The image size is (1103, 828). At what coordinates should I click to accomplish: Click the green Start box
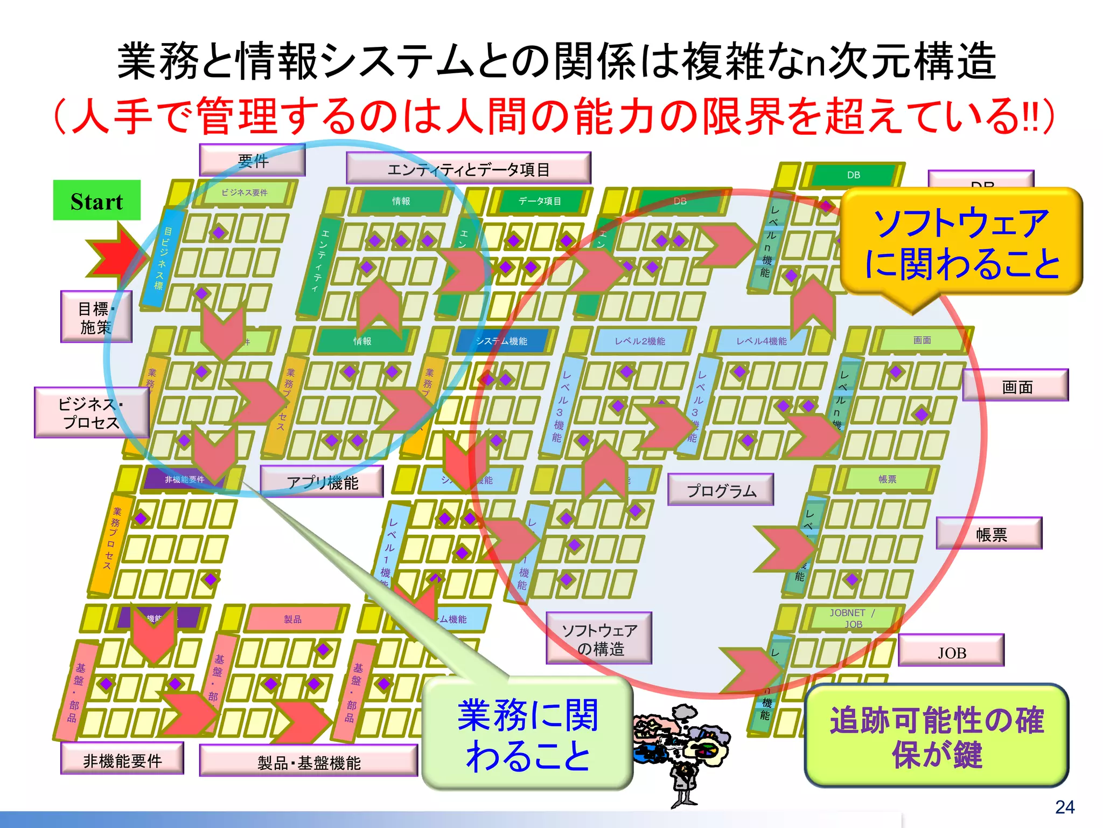pos(97,201)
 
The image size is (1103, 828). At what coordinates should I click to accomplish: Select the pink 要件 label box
pos(252,160)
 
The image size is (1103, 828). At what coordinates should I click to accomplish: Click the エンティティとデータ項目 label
pos(468,169)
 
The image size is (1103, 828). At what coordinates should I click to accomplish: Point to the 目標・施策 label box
pos(96,317)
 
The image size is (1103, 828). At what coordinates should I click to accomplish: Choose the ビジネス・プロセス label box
pos(91,413)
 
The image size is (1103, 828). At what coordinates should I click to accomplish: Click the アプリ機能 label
pos(322,482)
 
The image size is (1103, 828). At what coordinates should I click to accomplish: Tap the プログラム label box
pos(721,490)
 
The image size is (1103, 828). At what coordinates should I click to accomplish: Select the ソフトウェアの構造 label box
pos(599,638)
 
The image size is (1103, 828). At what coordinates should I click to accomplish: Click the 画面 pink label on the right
pos(1016,386)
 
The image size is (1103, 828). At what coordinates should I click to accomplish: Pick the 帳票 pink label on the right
pos(989,534)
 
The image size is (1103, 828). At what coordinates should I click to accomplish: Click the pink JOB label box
pos(951,651)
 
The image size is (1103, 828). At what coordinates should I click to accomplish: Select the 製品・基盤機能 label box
pos(309,761)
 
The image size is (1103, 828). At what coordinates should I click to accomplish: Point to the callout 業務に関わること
pos(527,733)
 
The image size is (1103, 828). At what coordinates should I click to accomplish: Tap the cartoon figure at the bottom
pos(683,755)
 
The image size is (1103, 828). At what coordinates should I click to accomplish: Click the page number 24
pos(1064,807)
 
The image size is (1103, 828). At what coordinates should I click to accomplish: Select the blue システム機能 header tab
pos(501,341)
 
